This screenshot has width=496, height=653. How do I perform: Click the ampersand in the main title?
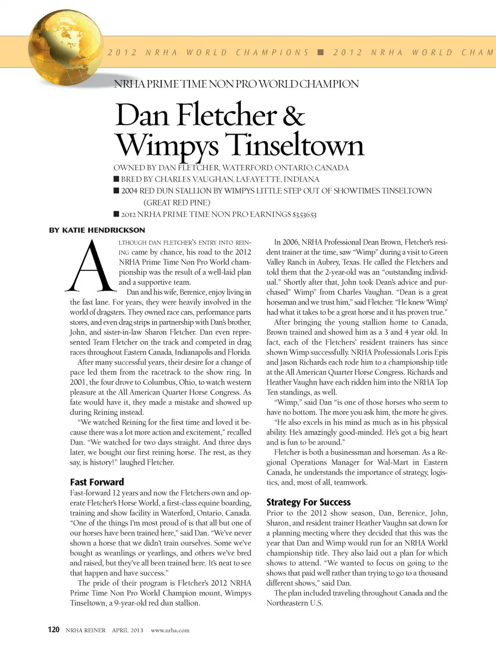click(x=293, y=115)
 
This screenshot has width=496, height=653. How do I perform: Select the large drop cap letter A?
click(x=90, y=266)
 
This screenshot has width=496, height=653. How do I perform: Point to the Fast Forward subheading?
click(x=97, y=482)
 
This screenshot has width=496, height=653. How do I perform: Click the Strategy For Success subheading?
click(x=308, y=502)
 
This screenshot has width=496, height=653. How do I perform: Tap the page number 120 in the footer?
click(x=53, y=630)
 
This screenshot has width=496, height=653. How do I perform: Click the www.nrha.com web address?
click(x=170, y=630)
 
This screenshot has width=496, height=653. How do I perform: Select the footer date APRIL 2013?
click(x=128, y=630)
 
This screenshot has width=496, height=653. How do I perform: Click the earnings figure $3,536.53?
click(x=305, y=215)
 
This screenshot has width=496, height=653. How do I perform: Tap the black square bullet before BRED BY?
click(x=116, y=179)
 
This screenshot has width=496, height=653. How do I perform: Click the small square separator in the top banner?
click(x=320, y=52)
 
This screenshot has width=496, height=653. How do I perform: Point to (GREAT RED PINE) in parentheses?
click(x=177, y=202)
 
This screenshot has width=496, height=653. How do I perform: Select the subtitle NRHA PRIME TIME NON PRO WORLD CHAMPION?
click(x=236, y=84)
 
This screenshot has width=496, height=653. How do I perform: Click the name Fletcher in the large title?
click(x=227, y=115)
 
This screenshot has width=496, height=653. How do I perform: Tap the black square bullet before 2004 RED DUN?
click(x=116, y=190)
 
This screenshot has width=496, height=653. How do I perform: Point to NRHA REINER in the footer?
click(x=86, y=630)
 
